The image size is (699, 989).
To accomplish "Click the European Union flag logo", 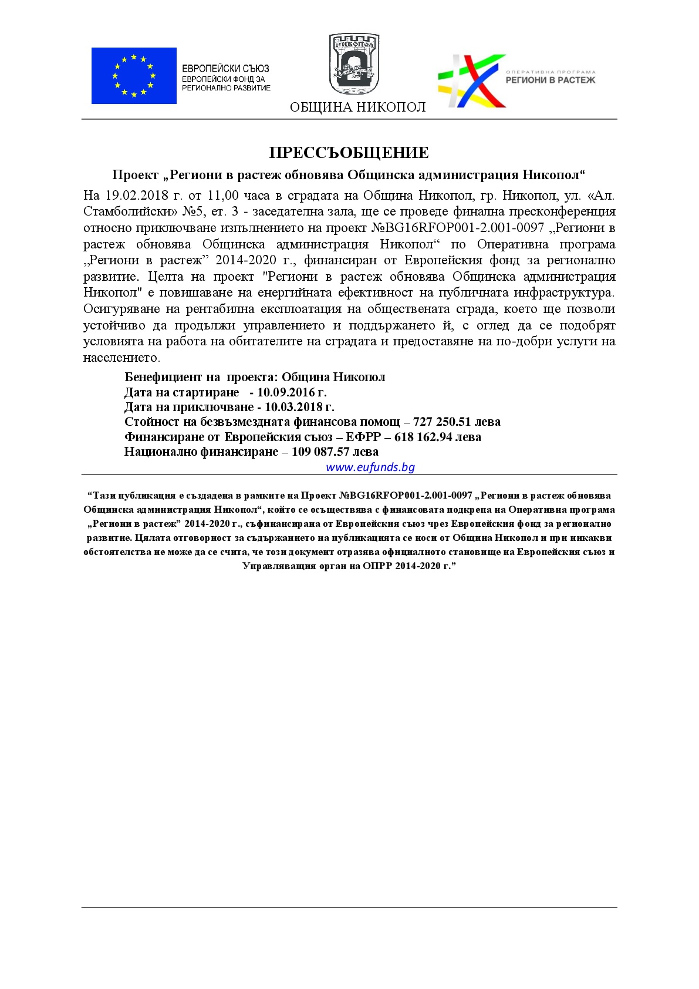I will pyautogui.click(x=134, y=76).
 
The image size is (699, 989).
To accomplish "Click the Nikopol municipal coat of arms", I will pyautogui.click(x=354, y=64).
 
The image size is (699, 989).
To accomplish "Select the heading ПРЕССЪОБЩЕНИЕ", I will pyautogui.click(x=349, y=153).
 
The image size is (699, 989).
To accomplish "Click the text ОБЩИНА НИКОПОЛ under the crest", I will pyautogui.click(x=357, y=107).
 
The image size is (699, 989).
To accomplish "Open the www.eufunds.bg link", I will pyautogui.click(x=370, y=467).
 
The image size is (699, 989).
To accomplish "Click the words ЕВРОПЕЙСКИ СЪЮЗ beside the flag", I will pyautogui.click(x=225, y=69).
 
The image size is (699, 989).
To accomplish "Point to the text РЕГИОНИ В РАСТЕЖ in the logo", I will pyautogui.click(x=550, y=80).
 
